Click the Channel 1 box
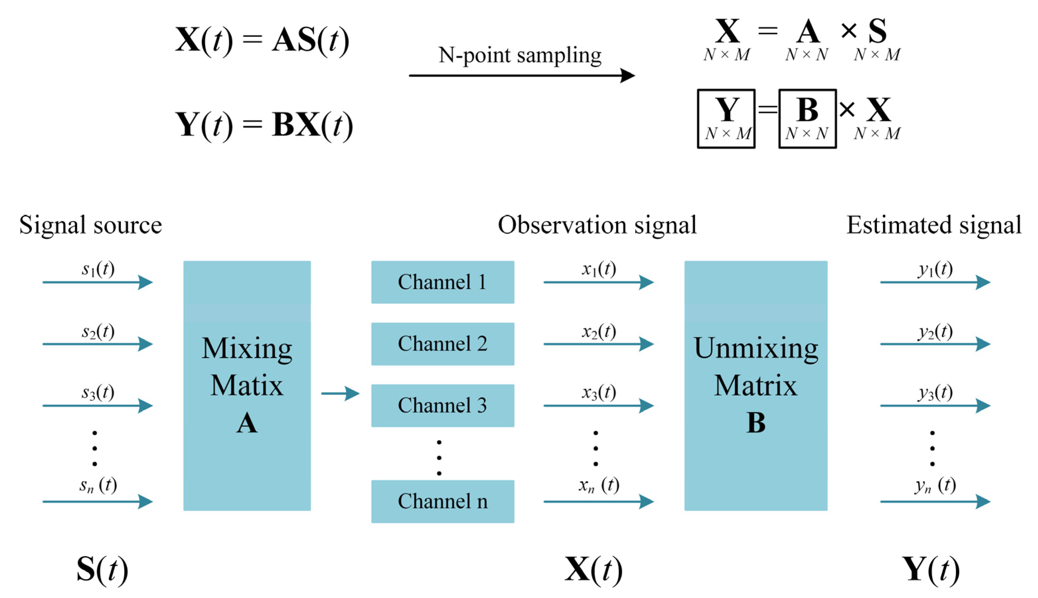pos(442,282)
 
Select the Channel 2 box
pos(442,344)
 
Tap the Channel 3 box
pos(442,405)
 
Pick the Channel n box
pos(442,501)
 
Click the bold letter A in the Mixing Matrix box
pos(247,423)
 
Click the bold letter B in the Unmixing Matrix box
pos(755,422)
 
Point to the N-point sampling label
pos(520,55)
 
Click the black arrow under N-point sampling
pos(521,76)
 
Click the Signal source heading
pos(91,225)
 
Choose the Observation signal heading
pos(597,225)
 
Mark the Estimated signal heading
pos(934,225)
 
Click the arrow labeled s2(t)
pos(98,344)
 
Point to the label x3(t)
pos(599,392)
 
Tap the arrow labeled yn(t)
pos(935,501)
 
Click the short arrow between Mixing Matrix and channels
pos(340,393)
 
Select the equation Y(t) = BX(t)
pos(264,125)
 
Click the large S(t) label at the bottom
pos(102,570)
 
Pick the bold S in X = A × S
pos(877,31)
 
